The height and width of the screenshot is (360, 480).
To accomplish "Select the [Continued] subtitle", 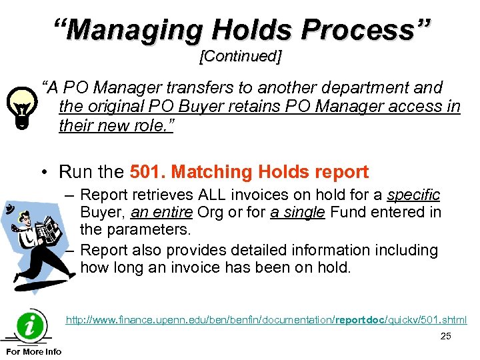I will [240, 57].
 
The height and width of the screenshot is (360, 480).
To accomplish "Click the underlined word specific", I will [413, 195].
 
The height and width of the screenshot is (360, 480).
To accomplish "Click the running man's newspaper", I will [47, 231].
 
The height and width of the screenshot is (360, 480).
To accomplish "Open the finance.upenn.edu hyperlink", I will [266, 321].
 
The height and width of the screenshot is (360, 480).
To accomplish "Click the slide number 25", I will [445, 336].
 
